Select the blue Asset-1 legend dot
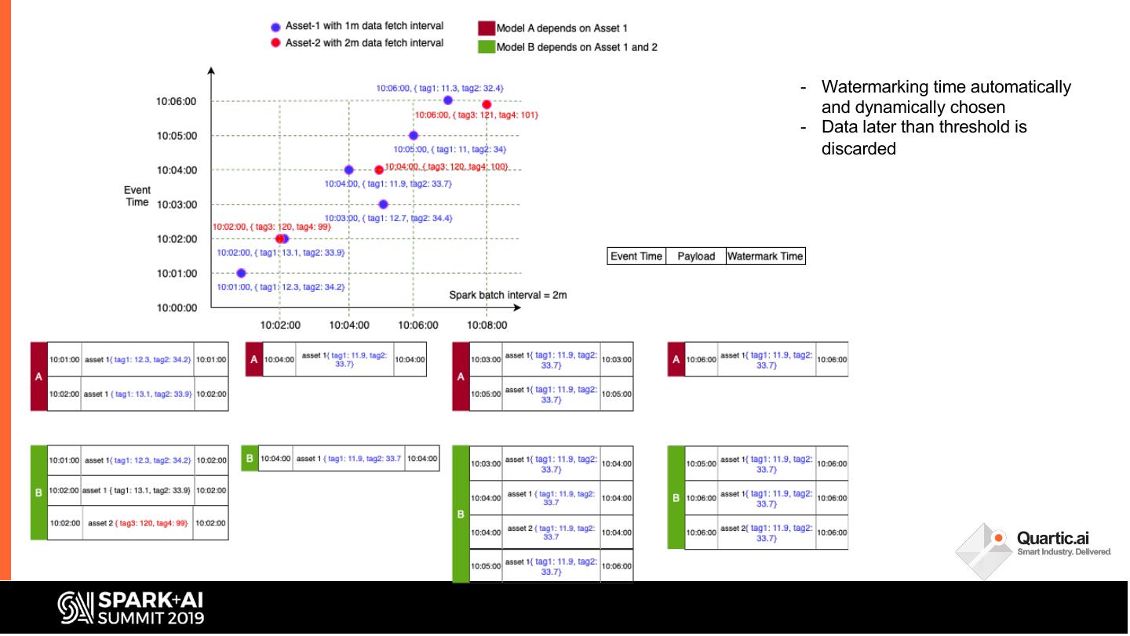point(275,27)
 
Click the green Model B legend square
point(486,47)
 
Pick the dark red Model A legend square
point(486,27)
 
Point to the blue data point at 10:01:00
point(241,273)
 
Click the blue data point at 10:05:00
point(414,136)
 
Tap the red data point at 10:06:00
point(487,104)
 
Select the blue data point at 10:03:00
point(383,204)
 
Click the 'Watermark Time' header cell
point(765,256)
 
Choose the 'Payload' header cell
point(696,256)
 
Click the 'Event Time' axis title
point(137,196)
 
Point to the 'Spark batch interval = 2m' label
point(508,296)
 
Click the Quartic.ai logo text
point(1052,538)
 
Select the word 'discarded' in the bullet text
point(858,149)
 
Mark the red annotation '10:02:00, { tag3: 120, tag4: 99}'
point(272,227)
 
